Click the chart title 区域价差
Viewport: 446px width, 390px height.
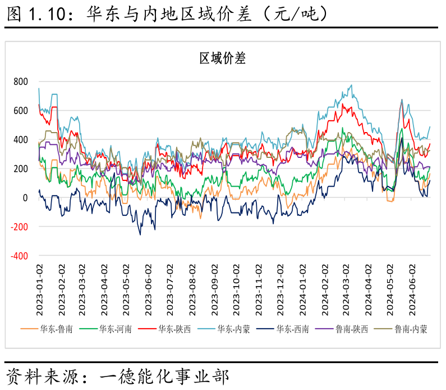point(223,58)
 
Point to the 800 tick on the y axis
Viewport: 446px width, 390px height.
point(20,81)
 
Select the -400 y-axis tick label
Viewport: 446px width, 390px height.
point(19,256)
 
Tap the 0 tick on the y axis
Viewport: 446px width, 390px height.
point(25,198)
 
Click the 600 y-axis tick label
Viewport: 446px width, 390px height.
point(20,111)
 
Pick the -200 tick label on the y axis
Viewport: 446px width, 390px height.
point(19,227)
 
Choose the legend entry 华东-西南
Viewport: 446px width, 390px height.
point(292,329)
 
